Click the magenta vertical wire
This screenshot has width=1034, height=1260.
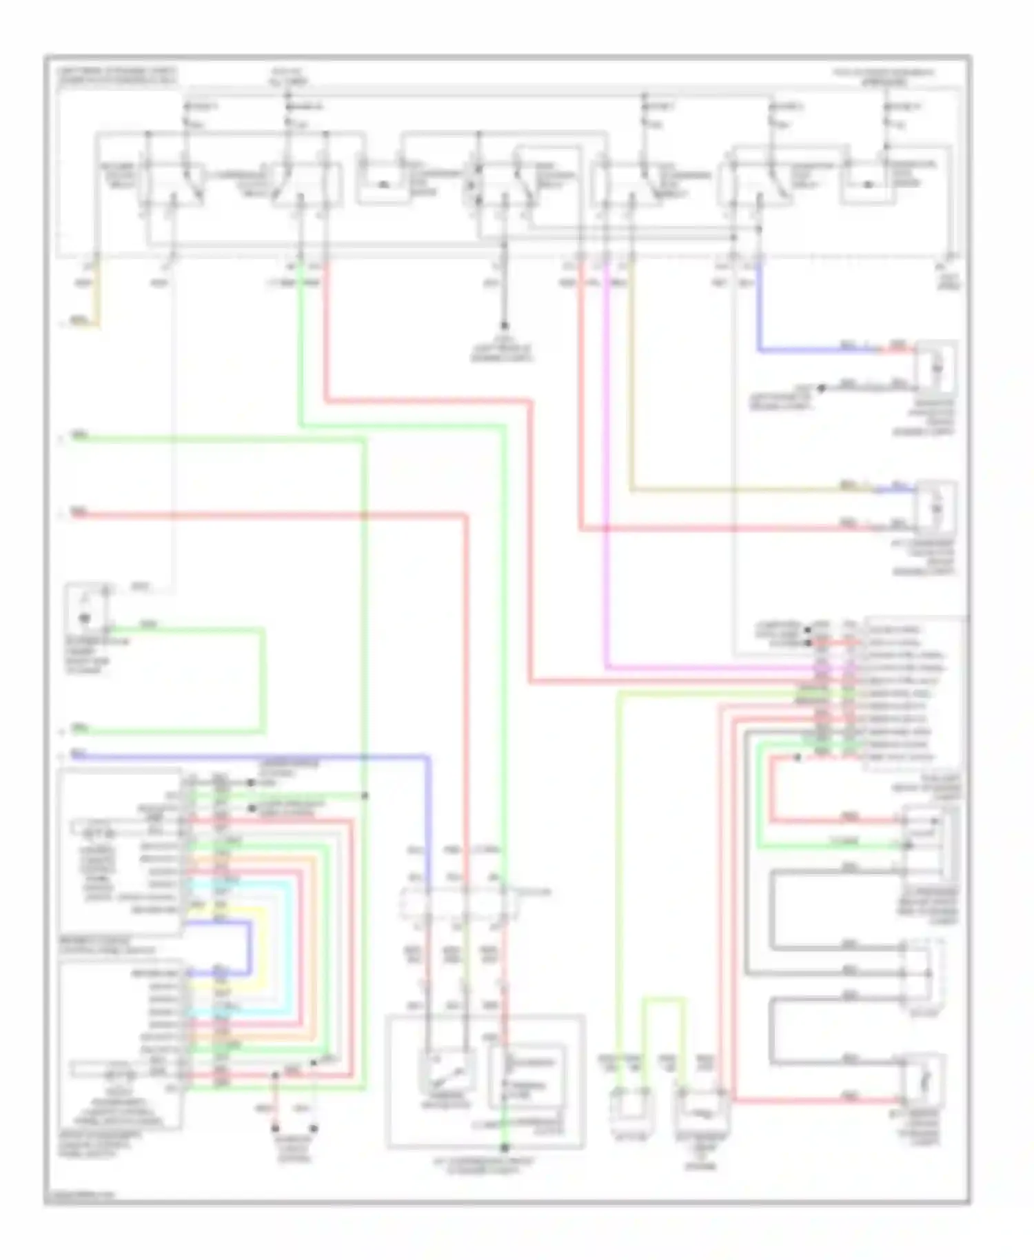coord(607,482)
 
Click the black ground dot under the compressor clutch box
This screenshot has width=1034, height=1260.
coord(505,1148)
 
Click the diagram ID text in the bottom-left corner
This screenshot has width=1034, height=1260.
coord(79,1195)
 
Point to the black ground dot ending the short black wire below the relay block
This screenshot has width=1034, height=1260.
coord(505,325)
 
